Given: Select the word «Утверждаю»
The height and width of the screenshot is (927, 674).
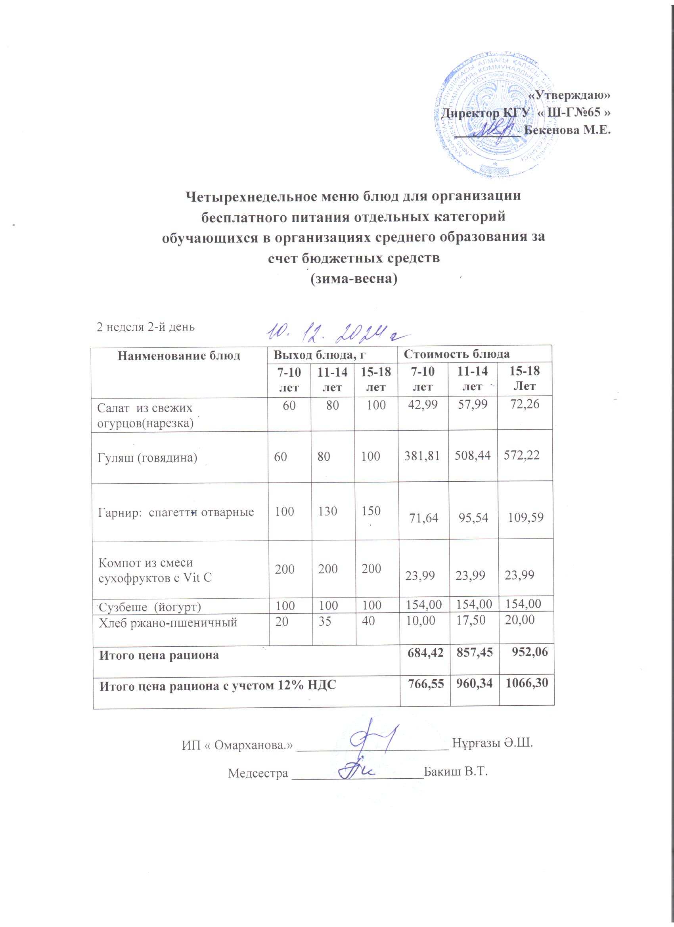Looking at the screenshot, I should click(569, 95).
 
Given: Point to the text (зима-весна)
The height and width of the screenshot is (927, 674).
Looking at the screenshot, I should click(354, 279).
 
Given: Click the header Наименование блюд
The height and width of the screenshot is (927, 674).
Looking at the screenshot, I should click(179, 356).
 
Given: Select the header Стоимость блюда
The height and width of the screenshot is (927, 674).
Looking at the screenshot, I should click(457, 354).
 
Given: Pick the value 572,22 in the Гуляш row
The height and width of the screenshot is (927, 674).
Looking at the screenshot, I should click(521, 455).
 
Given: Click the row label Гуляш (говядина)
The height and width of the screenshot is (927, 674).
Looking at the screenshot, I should click(147, 458).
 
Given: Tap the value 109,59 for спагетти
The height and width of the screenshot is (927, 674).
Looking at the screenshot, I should click(526, 518).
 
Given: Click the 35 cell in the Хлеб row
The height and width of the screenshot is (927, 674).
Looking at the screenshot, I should click(325, 621).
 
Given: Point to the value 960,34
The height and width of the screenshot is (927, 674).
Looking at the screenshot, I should click(474, 683).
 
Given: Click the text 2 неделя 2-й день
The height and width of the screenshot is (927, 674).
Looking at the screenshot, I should click(146, 327).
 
